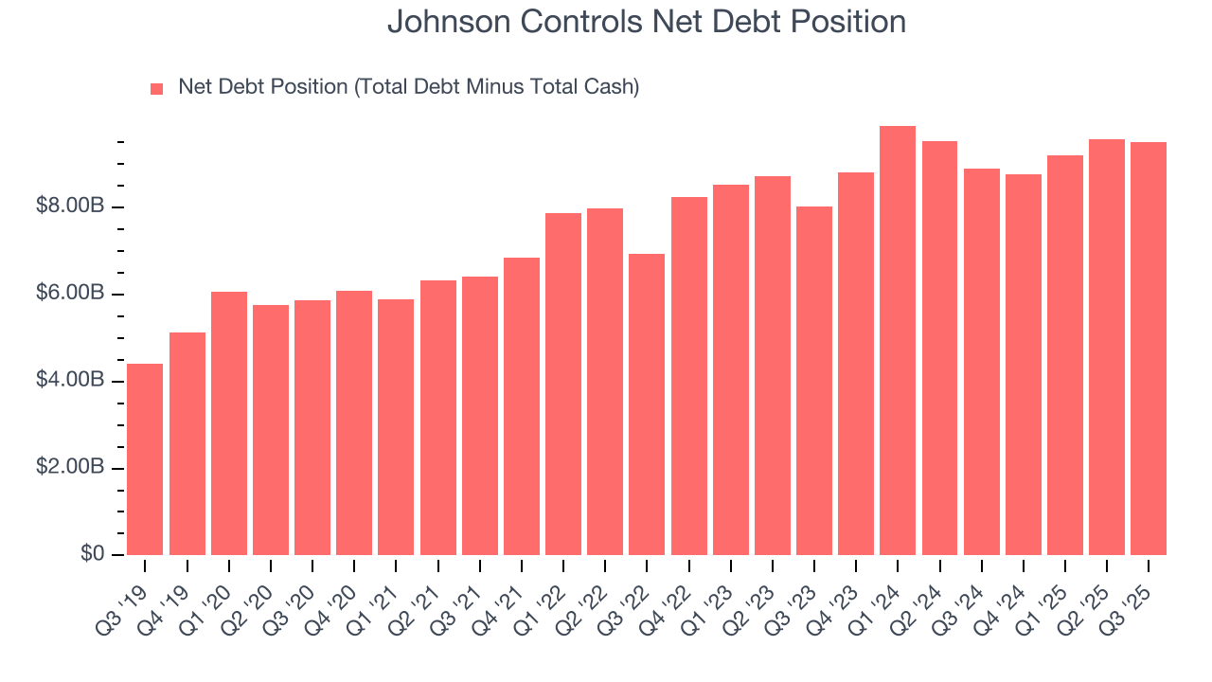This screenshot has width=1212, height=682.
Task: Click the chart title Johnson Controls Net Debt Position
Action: point(646,22)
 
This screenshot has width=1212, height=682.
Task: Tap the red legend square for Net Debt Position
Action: point(157,88)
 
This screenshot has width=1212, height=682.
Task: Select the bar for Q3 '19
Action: point(144,459)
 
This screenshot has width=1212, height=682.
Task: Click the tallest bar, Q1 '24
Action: point(897,341)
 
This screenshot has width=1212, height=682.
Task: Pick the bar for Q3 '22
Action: point(646,404)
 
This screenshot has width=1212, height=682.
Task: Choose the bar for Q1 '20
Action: point(228,423)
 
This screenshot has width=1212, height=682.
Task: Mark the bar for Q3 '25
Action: point(1148,349)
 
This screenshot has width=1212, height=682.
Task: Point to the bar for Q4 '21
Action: point(521,406)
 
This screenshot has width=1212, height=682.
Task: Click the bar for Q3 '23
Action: point(813,381)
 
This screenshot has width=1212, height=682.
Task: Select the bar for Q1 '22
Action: point(562,384)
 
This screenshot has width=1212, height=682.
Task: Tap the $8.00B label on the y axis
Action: point(71,206)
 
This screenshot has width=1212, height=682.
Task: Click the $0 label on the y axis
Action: point(92,554)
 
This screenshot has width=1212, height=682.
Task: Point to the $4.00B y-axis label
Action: point(71,381)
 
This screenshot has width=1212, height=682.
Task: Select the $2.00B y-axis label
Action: point(71,468)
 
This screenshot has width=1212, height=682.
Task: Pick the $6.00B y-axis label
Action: point(71,294)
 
